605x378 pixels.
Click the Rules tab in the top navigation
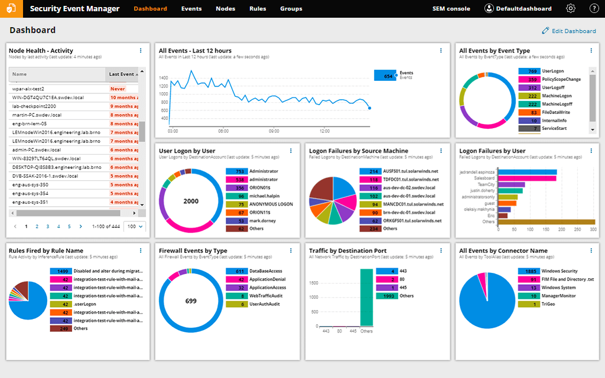point(258,9)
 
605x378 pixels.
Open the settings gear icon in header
point(571,9)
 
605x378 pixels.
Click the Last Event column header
point(122,74)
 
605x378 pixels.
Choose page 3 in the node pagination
point(48,226)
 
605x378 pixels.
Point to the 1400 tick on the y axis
point(163,77)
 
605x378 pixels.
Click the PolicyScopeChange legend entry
point(561,79)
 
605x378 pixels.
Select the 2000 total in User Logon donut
point(191,201)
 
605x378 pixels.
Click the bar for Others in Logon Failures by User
point(547,221)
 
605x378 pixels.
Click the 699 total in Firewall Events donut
point(191,301)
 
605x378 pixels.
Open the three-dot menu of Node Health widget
point(141,51)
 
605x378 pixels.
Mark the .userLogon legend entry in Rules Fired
point(85,304)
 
